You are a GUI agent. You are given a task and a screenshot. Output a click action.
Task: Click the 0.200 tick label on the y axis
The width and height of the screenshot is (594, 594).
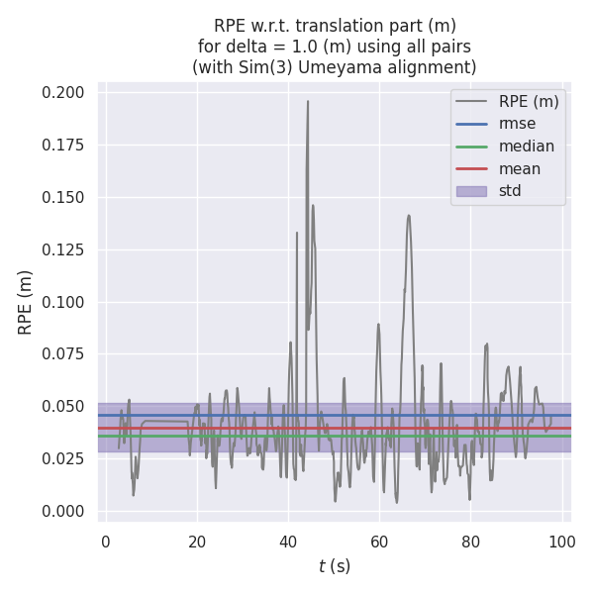(63, 93)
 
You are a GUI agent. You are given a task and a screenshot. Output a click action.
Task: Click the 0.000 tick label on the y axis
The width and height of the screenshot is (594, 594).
(63, 511)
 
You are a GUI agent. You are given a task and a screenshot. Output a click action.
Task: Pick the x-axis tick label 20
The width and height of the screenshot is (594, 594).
(197, 542)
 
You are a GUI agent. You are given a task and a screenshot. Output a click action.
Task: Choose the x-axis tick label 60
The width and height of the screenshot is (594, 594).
(379, 542)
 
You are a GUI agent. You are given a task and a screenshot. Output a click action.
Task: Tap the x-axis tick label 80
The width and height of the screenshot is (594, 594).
(471, 542)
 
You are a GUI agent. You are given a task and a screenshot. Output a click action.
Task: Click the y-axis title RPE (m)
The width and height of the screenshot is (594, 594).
(26, 302)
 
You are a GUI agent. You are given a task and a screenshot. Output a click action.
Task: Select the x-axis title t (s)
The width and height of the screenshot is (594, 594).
(334, 566)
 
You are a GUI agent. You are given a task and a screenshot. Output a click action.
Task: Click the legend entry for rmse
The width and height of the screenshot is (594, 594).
(516, 124)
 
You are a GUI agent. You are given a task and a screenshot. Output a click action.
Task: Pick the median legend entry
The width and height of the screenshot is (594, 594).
(526, 147)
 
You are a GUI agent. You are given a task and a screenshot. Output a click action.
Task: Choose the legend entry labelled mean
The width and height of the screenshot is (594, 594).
(519, 168)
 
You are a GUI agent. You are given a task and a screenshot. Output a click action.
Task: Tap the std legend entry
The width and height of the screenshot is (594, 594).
(510, 191)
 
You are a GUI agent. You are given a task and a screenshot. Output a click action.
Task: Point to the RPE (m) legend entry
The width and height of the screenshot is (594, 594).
(529, 101)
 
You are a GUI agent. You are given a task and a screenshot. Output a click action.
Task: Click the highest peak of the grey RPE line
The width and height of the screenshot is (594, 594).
(308, 101)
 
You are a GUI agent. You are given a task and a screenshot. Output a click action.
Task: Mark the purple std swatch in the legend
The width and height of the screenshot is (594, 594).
(470, 191)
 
